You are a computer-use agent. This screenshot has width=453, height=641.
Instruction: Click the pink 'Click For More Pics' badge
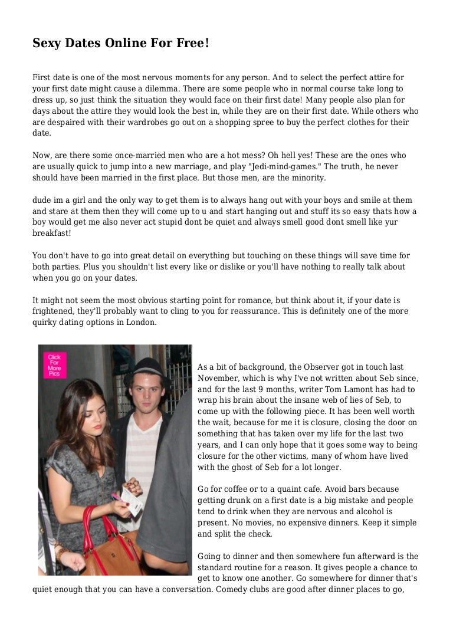tap(55, 365)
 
